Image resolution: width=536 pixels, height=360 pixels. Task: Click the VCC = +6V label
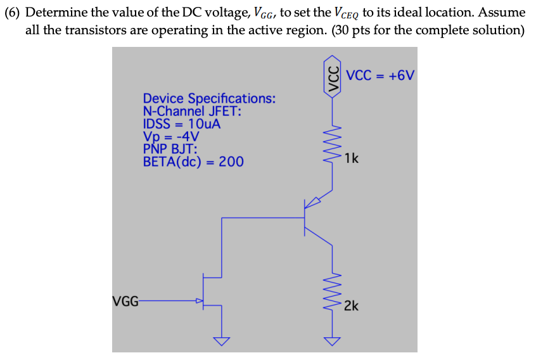[380, 75]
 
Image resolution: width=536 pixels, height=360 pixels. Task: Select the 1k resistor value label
[352, 158]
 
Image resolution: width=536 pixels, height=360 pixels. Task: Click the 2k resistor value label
[352, 306]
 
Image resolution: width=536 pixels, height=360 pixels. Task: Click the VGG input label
[125, 301]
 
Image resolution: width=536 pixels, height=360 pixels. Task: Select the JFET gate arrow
[199, 301]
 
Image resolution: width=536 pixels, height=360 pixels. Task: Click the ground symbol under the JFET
[222, 342]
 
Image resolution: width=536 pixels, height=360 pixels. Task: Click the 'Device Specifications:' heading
[208, 99]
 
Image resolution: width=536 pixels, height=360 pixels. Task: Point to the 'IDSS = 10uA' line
[182, 124]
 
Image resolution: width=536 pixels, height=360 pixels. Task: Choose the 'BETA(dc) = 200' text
[193, 162]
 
